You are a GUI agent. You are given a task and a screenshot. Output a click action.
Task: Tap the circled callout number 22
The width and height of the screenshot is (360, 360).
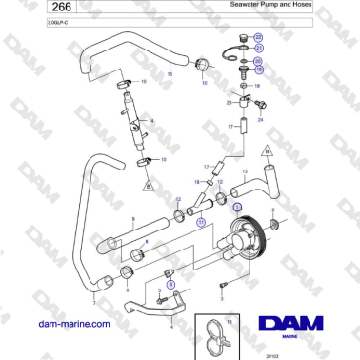(x=258, y=36)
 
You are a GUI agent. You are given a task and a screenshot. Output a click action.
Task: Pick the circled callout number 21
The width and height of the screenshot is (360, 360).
(x=258, y=48)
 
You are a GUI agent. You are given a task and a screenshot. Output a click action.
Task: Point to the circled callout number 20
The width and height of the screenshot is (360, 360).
(x=258, y=60)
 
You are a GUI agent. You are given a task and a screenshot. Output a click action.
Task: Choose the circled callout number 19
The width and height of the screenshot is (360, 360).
(x=258, y=70)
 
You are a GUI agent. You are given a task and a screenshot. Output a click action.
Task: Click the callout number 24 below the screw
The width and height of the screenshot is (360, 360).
(x=260, y=120)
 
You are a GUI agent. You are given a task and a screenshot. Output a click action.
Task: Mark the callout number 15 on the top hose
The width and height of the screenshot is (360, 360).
(x=170, y=72)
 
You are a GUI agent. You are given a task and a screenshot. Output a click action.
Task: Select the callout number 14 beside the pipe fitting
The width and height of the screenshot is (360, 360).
(x=151, y=122)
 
